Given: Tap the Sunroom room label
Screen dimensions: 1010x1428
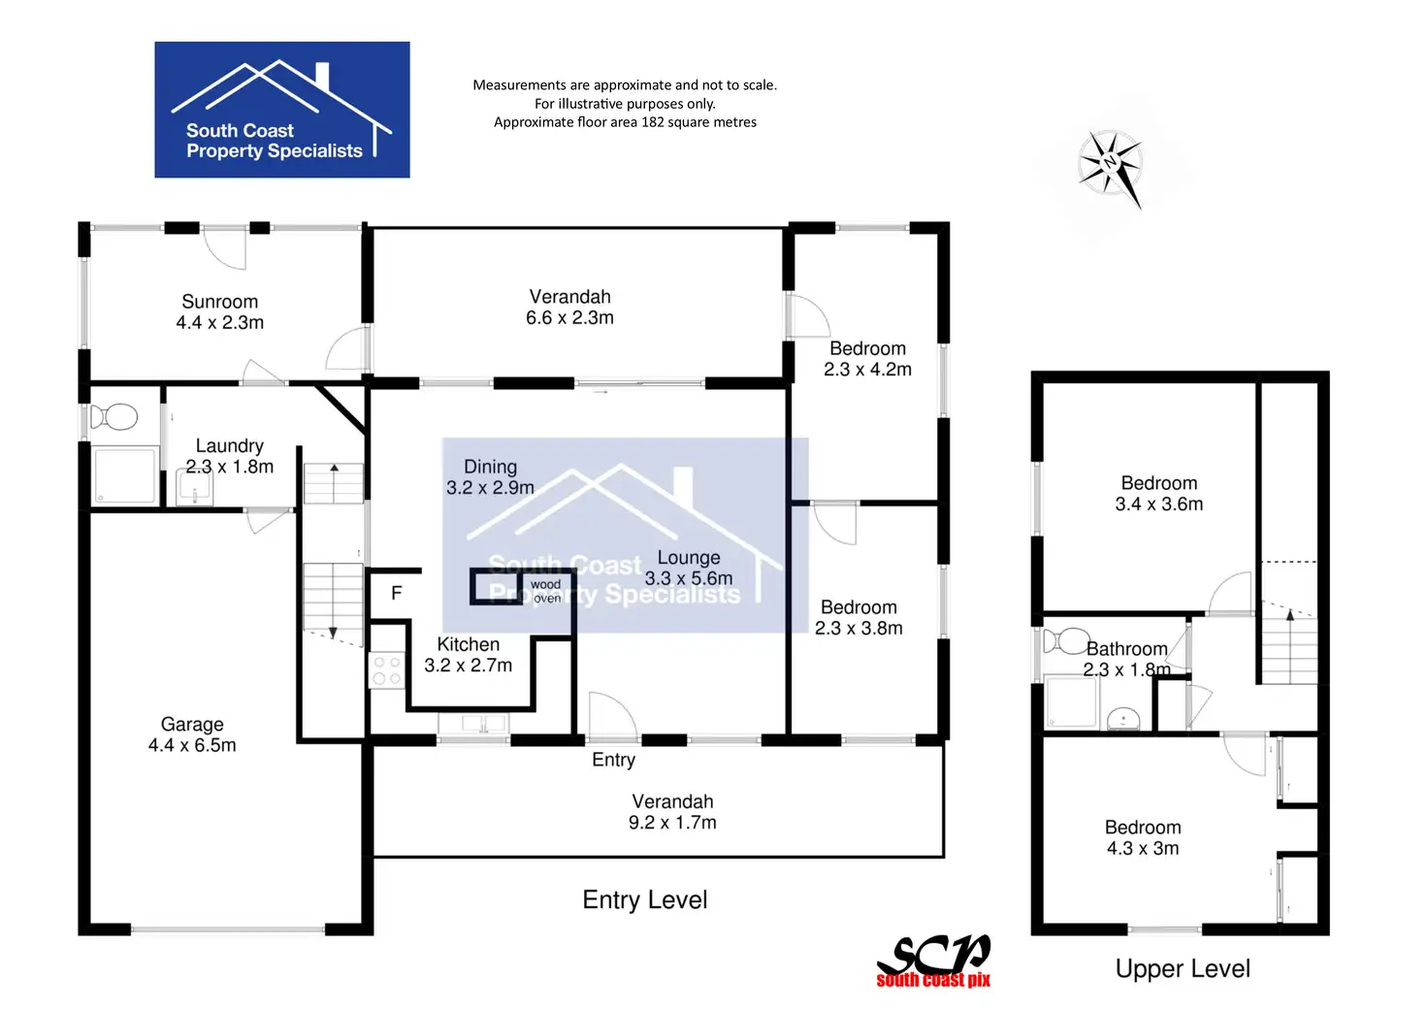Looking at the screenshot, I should pos(220,302).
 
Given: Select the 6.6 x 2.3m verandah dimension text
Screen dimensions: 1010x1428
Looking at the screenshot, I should pos(569,318).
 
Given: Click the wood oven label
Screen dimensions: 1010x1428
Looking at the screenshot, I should pos(546,592).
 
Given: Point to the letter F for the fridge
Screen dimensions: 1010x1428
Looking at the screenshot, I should pos(396,593).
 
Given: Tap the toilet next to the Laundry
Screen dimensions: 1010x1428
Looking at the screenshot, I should pos(114,417).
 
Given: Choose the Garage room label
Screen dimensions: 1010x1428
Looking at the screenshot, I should pos(192,725).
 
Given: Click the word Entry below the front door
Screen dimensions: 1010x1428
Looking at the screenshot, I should pos(613,760).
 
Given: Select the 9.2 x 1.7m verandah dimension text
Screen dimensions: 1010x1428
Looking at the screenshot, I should pos(672,823).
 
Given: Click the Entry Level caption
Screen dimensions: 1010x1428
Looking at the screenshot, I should pos(644,900).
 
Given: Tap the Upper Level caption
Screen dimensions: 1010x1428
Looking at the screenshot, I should pos(1183,968).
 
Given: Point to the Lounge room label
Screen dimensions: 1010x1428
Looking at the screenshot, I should pos(689,558).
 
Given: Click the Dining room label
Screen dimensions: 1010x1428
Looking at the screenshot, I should pos(490,467).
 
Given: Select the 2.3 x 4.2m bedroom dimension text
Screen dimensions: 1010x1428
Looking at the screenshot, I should pos(867,370).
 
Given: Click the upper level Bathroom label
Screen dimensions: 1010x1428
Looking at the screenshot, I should pos(1126,649).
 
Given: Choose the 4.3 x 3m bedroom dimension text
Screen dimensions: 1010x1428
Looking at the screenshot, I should pos(1143,849).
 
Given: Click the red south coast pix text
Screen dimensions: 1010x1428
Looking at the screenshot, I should pos(933,981).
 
